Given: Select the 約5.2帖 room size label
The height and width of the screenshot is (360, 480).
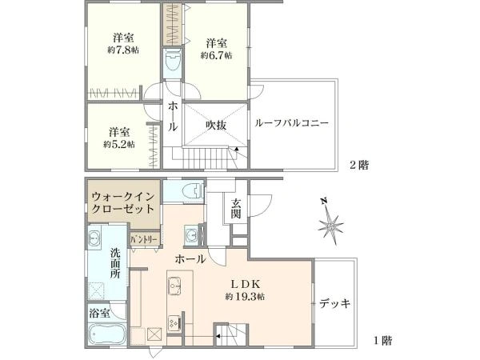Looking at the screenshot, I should coord(118,144).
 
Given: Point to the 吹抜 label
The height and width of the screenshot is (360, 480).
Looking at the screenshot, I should coord(217,125).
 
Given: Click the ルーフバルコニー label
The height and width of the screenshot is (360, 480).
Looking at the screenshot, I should coord(291,124).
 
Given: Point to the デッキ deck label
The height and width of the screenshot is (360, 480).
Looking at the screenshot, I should coord(334,303).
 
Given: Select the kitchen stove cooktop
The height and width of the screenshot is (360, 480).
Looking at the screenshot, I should coord(174,322).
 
